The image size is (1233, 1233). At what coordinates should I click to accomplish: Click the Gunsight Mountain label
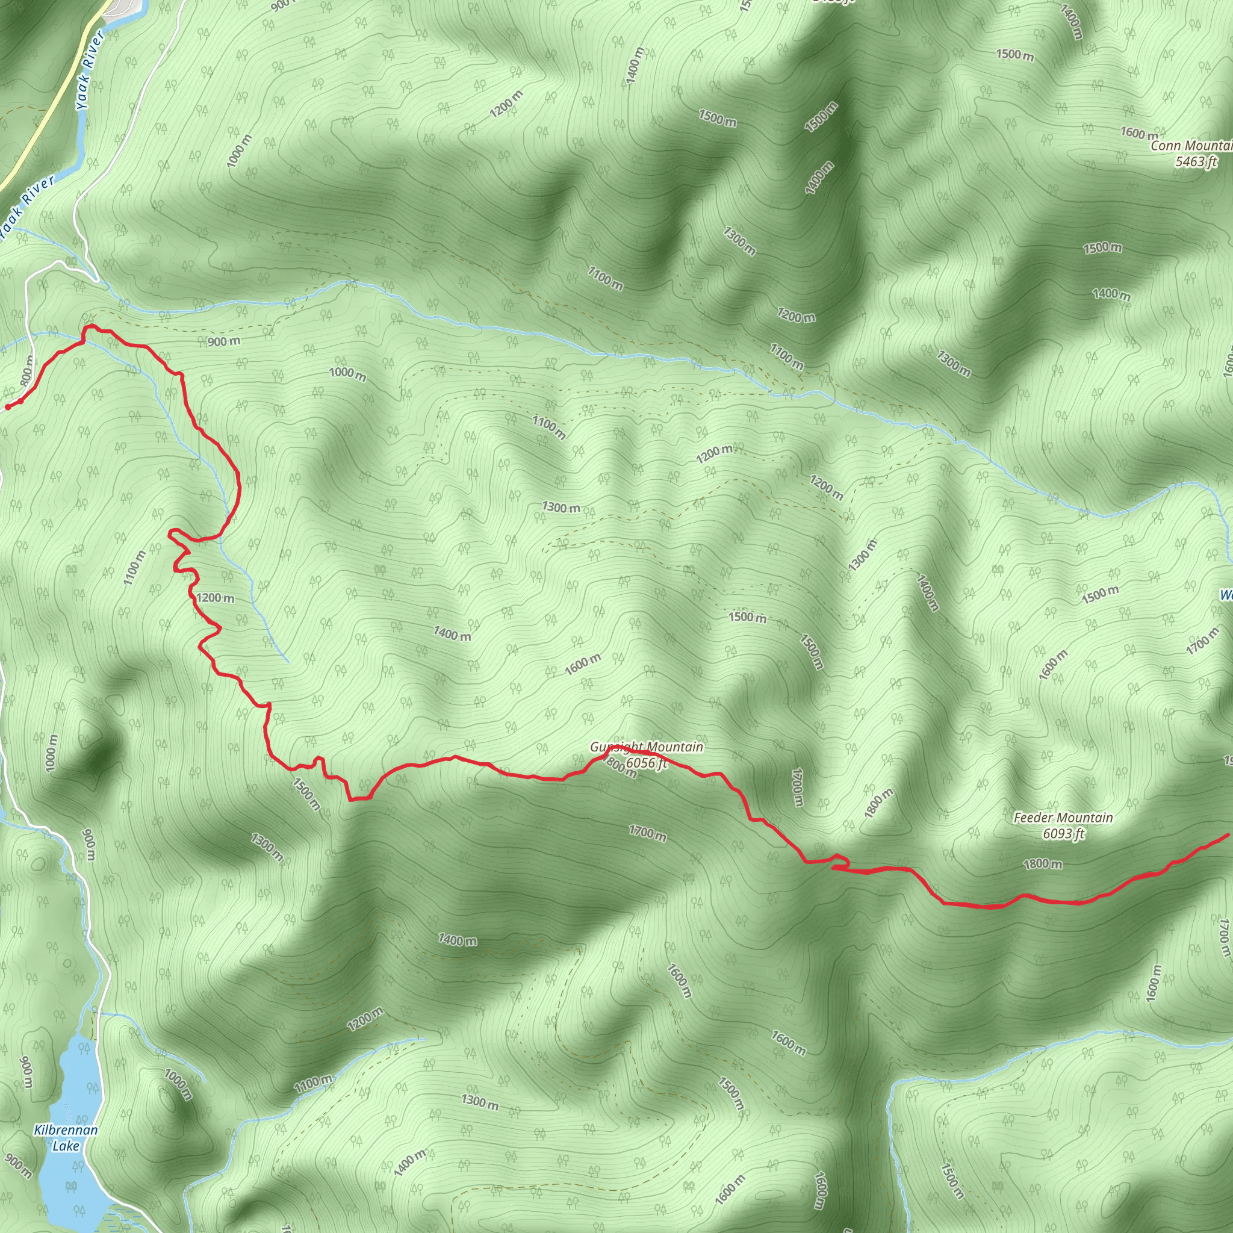[646, 747]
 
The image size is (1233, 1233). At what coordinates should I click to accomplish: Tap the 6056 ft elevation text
[646, 763]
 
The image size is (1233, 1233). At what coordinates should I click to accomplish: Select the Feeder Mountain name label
[1063, 818]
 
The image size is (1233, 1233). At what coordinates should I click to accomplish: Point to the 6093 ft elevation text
[1063, 833]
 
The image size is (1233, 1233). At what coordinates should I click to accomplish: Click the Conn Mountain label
[1191, 146]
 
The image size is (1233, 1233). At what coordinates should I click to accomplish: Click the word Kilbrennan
[66, 1130]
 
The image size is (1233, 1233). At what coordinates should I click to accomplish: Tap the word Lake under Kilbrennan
[66, 1146]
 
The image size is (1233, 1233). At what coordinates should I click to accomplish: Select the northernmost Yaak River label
[90, 72]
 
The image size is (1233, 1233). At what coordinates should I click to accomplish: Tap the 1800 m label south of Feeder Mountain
[1043, 864]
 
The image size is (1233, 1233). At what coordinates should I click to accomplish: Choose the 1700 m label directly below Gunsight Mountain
[647, 833]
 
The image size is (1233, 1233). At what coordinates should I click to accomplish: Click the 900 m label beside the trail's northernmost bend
[223, 342]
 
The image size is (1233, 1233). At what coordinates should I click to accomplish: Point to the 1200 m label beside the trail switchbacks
[215, 598]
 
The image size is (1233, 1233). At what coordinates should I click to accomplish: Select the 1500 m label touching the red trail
[306, 794]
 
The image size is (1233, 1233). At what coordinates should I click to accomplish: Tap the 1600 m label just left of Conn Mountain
[1138, 134]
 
